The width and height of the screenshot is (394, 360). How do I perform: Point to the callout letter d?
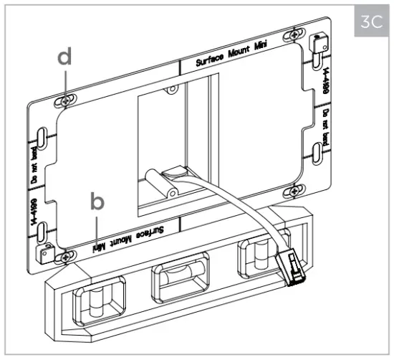click(x=65, y=57)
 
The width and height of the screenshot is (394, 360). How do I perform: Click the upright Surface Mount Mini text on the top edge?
click(x=230, y=61)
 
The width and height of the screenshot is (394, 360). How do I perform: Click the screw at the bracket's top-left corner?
click(x=66, y=101)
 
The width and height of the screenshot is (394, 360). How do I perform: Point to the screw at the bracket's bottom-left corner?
click(x=66, y=256)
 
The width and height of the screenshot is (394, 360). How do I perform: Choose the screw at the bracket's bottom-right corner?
click(x=293, y=190)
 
